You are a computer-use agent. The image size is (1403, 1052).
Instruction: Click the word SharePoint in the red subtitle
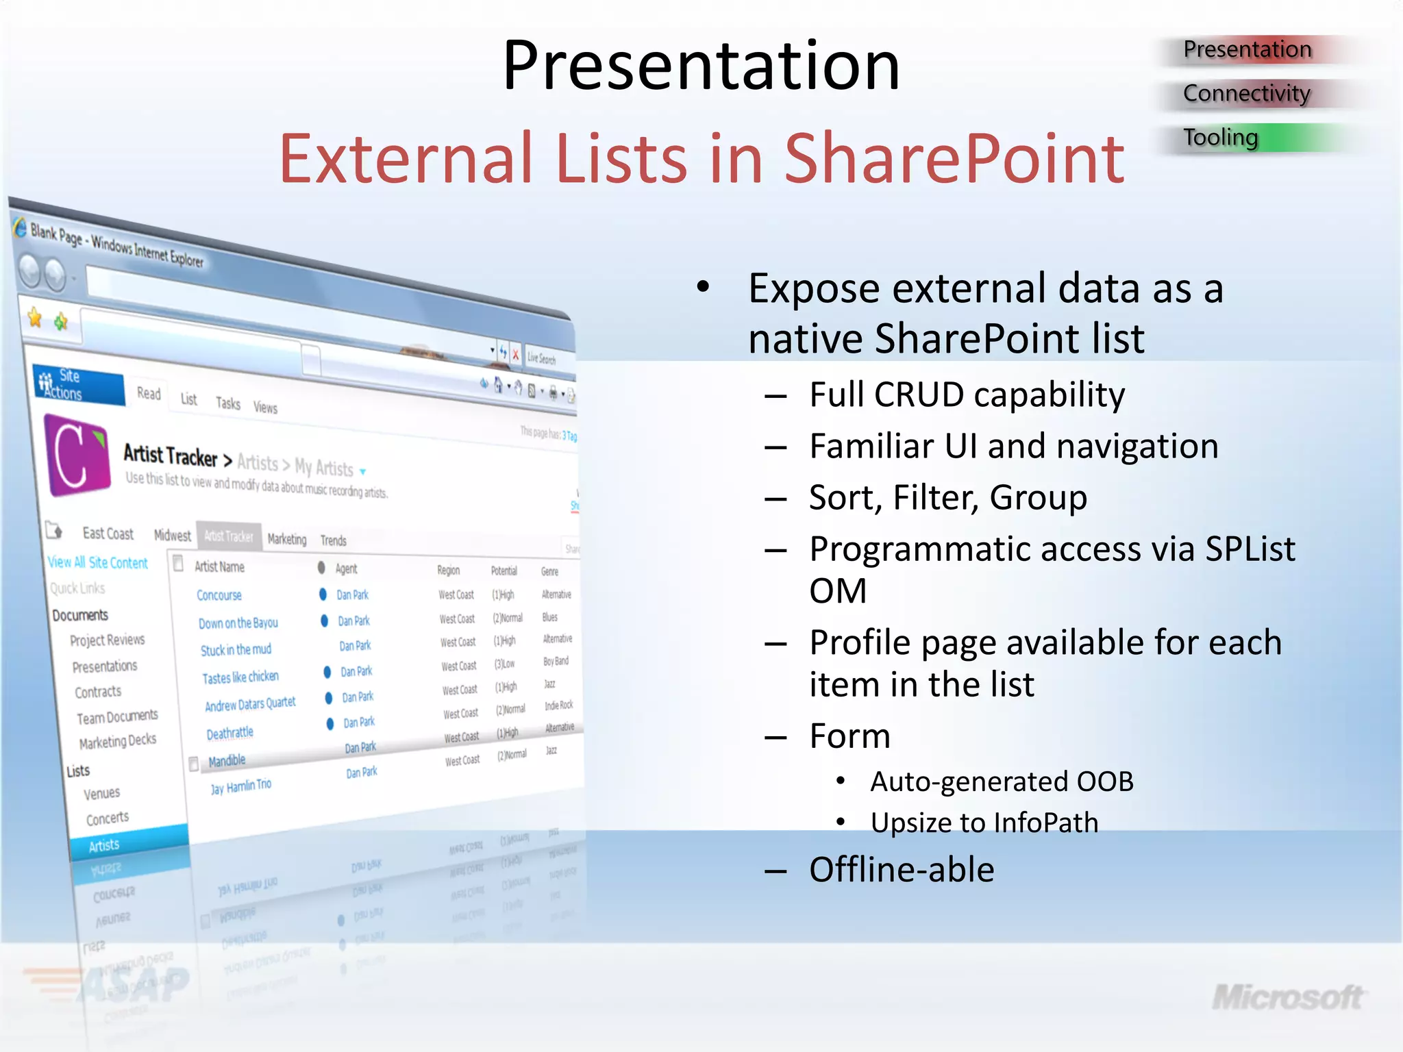point(954,159)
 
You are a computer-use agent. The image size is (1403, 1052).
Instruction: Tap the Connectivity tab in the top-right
point(1246,93)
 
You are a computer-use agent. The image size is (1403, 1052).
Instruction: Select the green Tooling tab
point(1221,138)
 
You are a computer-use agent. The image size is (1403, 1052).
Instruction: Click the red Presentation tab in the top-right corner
point(1247,49)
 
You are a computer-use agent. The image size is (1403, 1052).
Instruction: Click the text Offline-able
point(901,870)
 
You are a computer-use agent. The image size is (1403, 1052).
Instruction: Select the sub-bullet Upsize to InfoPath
point(984,823)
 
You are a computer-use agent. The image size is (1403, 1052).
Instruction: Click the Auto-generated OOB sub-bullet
point(1001,781)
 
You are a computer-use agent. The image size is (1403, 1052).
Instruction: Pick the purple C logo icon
point(77,454)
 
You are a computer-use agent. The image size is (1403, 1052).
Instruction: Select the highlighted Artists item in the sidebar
point(104,845)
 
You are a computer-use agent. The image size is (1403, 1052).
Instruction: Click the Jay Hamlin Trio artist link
point(240,786)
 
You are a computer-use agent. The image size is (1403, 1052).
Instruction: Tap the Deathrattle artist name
point(229,734)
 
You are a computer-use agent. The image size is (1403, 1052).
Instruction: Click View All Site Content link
point(97,562)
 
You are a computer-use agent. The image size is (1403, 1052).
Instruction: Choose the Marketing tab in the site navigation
point(286,539)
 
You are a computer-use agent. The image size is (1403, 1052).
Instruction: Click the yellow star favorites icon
point(35,317)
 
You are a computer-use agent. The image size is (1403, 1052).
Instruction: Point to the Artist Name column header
point(219,566)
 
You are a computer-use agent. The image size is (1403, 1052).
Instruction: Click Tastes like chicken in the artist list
point(240,677)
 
